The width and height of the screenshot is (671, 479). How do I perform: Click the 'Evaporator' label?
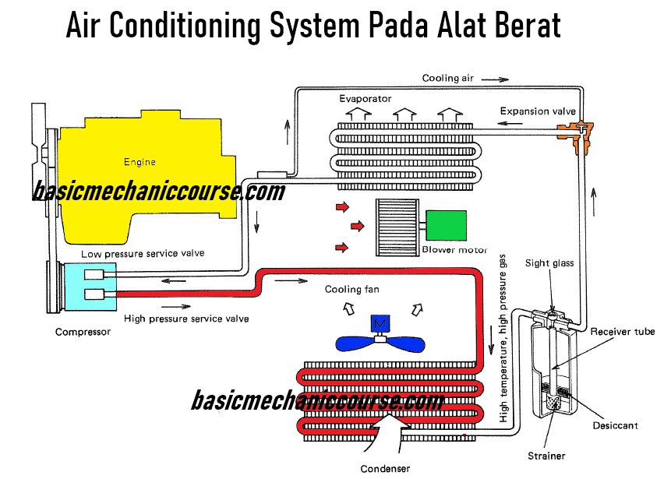pos(364,99)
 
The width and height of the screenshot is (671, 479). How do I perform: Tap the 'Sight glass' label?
pos(549,263)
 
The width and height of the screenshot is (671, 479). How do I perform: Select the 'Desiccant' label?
pos(615,425)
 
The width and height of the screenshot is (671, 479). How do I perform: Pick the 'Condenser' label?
pos(385,469)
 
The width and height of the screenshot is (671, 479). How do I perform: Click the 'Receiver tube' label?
pos(622,332)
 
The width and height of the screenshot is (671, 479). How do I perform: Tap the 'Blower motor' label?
pos(454,250)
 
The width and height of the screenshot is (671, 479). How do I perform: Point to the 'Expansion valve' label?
pos(538,111)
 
